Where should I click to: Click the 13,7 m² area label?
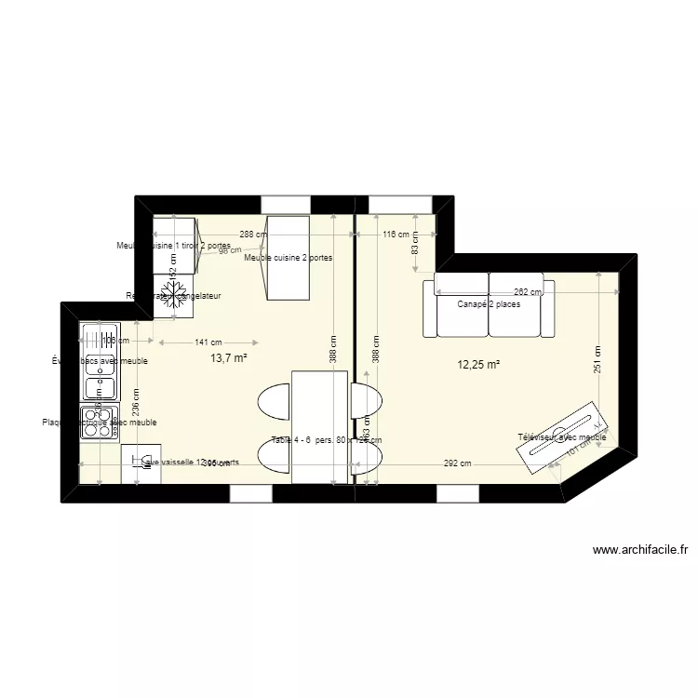click(x=228, y=357)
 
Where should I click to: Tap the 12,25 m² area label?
click(x=477, y=365)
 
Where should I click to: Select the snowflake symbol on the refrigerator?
click(x=171, y=297)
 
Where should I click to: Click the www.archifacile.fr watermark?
click(x=639, y=550)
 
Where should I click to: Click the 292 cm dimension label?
click(x=457, y=463)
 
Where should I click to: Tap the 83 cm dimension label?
click(x=415, y=244)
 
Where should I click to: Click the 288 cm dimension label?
click(x=253, y=235)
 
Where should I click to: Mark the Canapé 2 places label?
click(x=489, y=304)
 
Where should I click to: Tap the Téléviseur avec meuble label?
click(x=562, y=436)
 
